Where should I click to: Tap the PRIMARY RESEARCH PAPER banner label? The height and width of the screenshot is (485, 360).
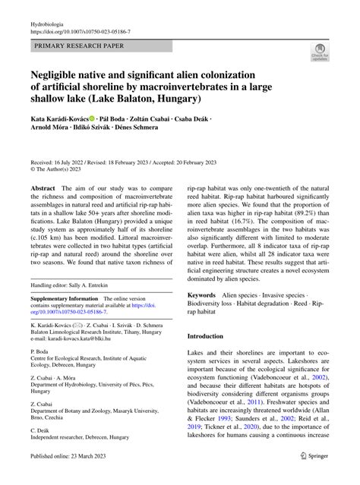77,46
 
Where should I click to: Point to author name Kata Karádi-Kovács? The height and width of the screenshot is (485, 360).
59,119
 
